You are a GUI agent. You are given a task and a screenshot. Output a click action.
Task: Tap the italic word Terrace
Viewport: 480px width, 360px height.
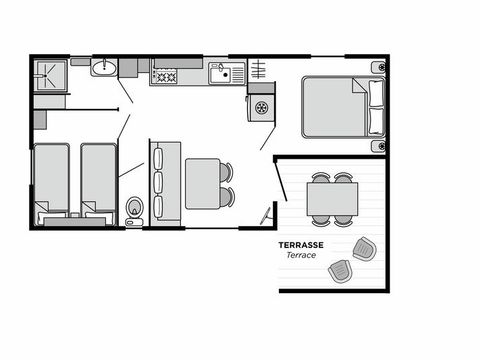click(302, 256)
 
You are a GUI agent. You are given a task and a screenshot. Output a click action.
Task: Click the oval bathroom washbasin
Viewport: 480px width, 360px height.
click(104, 68)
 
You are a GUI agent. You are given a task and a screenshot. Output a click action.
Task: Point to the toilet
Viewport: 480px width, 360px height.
click(135, 209)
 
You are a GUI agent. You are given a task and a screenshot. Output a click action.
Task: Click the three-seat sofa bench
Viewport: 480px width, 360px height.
click(159, 183)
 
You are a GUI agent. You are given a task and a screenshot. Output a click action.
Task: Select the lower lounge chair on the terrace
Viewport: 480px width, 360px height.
click(341, 270)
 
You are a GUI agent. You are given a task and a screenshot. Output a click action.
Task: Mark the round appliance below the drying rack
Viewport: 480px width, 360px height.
click(263, 106)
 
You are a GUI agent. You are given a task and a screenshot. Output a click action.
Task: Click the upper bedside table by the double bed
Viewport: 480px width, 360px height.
click(378, 68)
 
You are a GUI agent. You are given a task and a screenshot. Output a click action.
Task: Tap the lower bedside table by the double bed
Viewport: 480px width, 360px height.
click(378, 146)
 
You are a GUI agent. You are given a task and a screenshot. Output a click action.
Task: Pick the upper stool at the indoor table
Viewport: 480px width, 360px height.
click(226, 172)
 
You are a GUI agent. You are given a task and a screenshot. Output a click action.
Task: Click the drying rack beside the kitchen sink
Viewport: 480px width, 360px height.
click(258, 71)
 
